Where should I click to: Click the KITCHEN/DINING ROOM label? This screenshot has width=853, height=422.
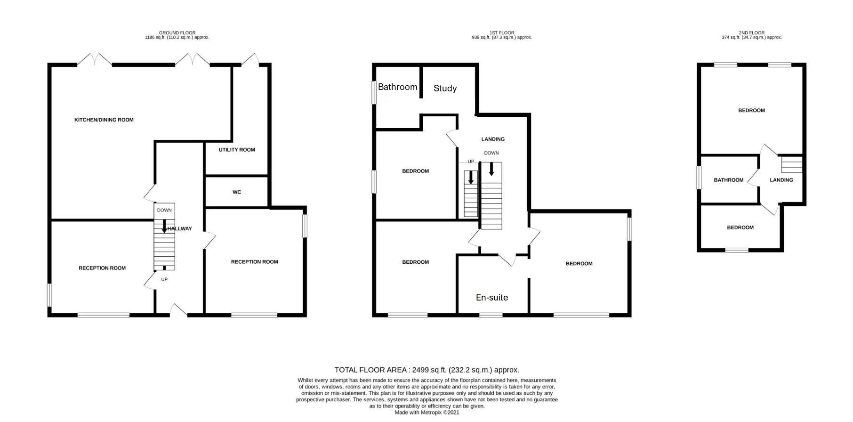[104, 120]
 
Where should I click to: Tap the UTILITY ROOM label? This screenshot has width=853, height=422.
[236, 150]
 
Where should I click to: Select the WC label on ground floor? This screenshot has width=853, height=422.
[236, 192]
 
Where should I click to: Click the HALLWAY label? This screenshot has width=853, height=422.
[180, 229]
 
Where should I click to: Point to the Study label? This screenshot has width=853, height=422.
[445, 88]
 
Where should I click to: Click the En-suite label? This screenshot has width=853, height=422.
[491, 297]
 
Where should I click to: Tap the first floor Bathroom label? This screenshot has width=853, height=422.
[397, 87]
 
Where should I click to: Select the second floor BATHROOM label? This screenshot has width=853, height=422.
[728, 180]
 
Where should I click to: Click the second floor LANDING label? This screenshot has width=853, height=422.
[781, 180]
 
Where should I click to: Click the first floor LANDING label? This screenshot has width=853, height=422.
[492, 139]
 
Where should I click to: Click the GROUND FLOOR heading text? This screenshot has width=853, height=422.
[177, 33]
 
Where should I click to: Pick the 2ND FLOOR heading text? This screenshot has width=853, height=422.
[751, 33]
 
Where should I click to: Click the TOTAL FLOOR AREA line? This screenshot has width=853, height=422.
[426, 370]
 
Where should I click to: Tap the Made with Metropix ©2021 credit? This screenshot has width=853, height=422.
[426, 412]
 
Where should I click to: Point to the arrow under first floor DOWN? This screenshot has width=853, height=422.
[491, 169]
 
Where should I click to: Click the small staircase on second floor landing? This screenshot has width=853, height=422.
[791, 164]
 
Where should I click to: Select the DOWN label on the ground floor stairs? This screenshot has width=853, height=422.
[164, 210]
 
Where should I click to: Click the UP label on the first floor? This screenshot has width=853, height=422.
[470, 162]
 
